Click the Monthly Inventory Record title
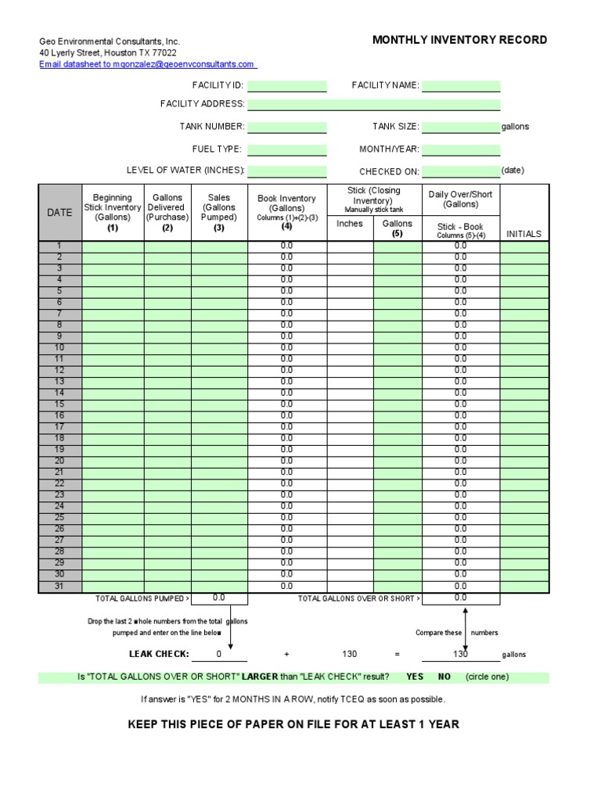point(459,40)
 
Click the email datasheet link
point(147,64)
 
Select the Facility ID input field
point(287,86)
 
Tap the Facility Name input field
point(461,86)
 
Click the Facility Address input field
point(373,105)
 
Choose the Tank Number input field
point(287,127)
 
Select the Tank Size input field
point(461,127)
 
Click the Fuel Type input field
point(287,149)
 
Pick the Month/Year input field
point(461,149)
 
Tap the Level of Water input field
point(287,171)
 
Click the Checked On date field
point(461,171)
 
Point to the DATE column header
point(60,213)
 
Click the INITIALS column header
point(524,234)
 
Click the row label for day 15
point(60,404)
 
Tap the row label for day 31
point(60,586)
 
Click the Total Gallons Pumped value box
point(219,598)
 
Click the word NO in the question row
point(444,677)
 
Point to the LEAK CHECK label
point(159,654)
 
